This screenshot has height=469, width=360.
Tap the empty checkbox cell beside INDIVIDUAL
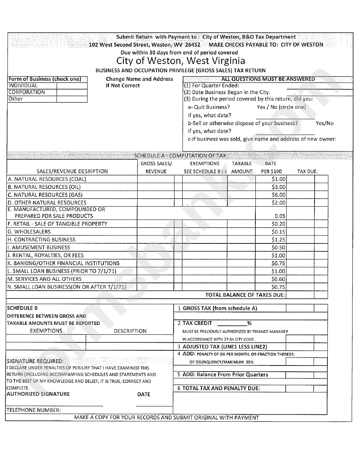pyautogui.click(x=72, y=86)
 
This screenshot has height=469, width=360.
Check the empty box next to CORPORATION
pyautogui.click(x=72, y=93)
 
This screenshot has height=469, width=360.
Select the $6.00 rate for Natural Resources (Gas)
pyautogui.click(x=279, y=195)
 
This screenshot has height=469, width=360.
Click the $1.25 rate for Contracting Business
pyautogui.click(x=279, y=240)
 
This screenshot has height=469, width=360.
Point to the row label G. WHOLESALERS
pyautogui.click(x=29, y=232)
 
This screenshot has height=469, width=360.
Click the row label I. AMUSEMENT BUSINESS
pyautogui.click(x=33, y=247)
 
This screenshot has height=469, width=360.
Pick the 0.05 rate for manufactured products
pyautogui.click(x=280, y=216)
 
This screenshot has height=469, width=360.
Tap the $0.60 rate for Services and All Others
pyautogui.click(x=279, y=279)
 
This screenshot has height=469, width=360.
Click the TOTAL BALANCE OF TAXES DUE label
pyautogui.click(x=245, y=295)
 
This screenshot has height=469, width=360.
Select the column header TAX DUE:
pyautogui.click(x=307, y=171)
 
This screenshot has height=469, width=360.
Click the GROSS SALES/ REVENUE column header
pyautogui.click(x=156, y=168)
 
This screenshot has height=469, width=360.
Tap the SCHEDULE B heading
pyautogui.click(x=22, y=308)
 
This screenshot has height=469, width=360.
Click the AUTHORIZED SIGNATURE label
pyautogui.click(x=38, y=394)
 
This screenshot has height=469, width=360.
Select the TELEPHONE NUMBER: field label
pyautogui.click(x=33, y=410)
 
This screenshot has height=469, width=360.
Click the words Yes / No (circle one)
pyautogui.click(x=281, y=107)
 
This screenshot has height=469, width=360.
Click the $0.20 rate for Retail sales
pyautogui.click(x=279, y=224)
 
